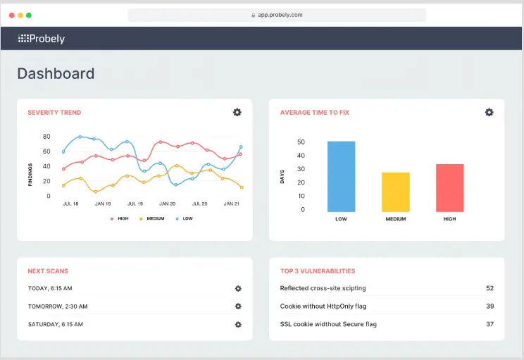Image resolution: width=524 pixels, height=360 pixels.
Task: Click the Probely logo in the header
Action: [41, 39]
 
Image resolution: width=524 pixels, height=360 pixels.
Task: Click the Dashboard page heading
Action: [56, 73]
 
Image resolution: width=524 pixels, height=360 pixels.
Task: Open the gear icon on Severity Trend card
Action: [237, 112]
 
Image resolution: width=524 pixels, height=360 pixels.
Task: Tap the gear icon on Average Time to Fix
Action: [489, 112]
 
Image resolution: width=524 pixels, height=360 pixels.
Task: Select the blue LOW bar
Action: [341, 176]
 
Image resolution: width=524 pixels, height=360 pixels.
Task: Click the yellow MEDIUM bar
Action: [395, 192]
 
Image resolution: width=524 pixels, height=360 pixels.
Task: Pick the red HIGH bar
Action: [449, 187]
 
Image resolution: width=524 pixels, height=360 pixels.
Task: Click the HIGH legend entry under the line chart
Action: [120, 218]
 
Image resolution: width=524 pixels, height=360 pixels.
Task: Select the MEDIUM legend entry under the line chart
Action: [153, 218]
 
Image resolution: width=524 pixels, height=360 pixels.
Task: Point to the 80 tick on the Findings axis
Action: [46, 137]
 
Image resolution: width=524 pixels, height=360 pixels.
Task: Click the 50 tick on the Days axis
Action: [301, 142]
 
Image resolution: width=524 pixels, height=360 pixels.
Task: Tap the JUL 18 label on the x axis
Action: [70, 204]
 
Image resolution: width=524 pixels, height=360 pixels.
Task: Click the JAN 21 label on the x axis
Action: [232, 204]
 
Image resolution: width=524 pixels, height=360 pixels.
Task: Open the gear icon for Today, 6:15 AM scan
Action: [238, 288]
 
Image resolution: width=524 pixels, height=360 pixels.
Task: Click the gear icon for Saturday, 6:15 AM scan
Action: [238, 324]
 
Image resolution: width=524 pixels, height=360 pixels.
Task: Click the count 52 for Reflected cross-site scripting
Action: [489, 288]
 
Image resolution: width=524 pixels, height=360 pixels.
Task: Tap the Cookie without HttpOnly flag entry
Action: [323, 306]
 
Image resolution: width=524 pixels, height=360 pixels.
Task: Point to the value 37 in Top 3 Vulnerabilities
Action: [489, 324]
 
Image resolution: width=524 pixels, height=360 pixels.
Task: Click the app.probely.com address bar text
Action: [280, 15]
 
